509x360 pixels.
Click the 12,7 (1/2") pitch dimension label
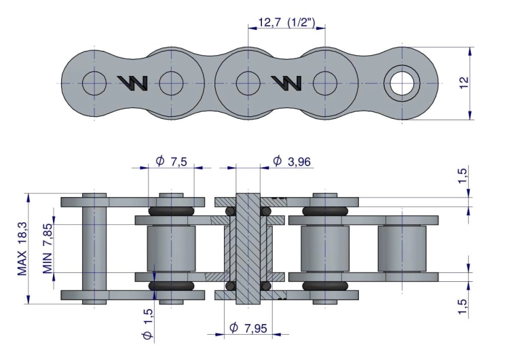(x=286, y=24)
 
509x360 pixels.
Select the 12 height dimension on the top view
(x=464, y=82)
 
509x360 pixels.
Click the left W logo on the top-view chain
(x=133, y=83)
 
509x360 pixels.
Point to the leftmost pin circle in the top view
(x=94, y=83)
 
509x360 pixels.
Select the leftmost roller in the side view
(x=170, y=249)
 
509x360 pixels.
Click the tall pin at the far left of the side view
(x=94, y=248)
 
